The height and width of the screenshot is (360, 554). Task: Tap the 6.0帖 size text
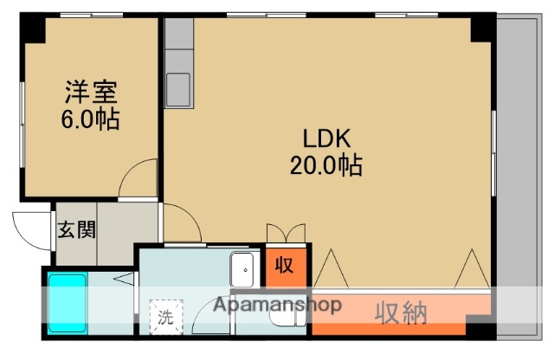[x=90, y=118]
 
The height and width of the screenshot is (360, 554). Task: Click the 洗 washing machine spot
[x=164, y=316]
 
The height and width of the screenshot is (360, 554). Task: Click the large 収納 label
[x=401, y=312]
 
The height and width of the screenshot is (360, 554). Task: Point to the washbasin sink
[x=243, y=270]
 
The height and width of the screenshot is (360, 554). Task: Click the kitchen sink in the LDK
[x=178, y=87]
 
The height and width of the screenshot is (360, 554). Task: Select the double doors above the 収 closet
[x=286, y=235]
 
